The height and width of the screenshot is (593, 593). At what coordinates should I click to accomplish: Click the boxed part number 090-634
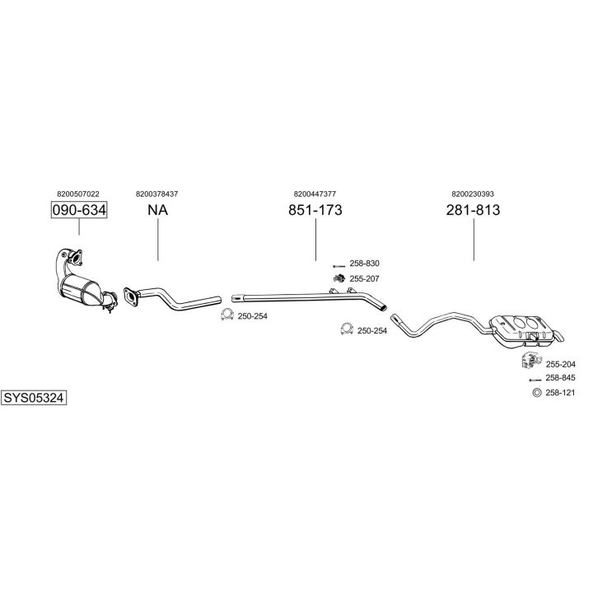[x=79, y=211]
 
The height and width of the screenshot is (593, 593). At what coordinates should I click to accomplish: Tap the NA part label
[x=157, y=211]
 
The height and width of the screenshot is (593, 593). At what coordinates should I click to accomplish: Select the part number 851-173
[x=315, y=211]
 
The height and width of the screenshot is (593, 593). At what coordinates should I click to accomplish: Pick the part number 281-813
[x=474, y=211]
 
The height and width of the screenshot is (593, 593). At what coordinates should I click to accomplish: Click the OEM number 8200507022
[x=79, y=194]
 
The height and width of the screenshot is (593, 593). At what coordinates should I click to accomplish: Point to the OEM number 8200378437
[x=157, y=194]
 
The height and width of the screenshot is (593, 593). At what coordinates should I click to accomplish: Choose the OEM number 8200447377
[x=315, y=194]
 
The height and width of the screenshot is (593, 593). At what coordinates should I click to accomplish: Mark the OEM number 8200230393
[x=474, y=194]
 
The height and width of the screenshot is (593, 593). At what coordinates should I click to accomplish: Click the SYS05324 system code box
[x=33, y=398]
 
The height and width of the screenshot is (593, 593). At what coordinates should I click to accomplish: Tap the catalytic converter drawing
[x=83, y=285]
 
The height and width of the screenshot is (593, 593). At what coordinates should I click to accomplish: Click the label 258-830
[x=364, y=264]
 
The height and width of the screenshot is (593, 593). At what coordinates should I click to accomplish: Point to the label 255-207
[x=364, y=279]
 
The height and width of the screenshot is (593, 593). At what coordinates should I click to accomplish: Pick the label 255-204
[x=561, y=364]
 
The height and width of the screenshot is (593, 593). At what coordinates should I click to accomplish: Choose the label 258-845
[x=561, y=377]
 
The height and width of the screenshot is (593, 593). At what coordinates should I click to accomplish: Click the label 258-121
[x=561, y=393]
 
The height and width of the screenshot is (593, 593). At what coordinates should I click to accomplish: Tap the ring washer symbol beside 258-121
[x=537, y=393]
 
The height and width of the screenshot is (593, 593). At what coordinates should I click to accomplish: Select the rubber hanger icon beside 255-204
[x=531, y=361]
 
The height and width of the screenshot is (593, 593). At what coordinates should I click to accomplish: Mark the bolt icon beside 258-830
[x=338, y=264]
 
